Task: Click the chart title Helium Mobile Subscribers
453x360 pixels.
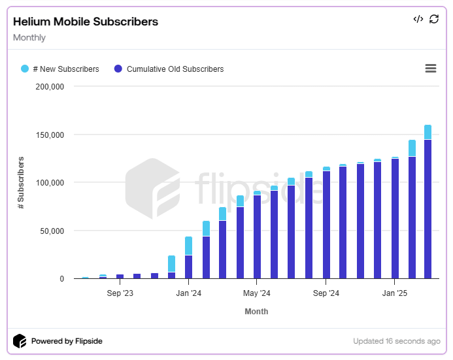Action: (x=86, y=22)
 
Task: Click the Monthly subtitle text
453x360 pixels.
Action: (x=29, y=38)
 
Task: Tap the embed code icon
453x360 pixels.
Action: (x=418, y=19)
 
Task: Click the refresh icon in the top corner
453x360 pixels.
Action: (x=434, y=19)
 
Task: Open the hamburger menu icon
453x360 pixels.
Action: (x=430, y=69)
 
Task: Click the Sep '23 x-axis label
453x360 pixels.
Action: (x=120, y=294)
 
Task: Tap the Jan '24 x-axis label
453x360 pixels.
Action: (x=188, y=294)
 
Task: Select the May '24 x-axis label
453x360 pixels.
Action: (x=257, y=294)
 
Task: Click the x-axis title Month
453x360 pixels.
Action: (x=256, y=312)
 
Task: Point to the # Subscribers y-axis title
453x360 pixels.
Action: (x=21, y=182)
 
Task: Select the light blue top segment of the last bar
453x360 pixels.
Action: (x=428, y=132)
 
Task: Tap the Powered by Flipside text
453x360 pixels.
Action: (x=67, y=341)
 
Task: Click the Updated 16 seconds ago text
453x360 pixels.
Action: (x=396, y=341)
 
